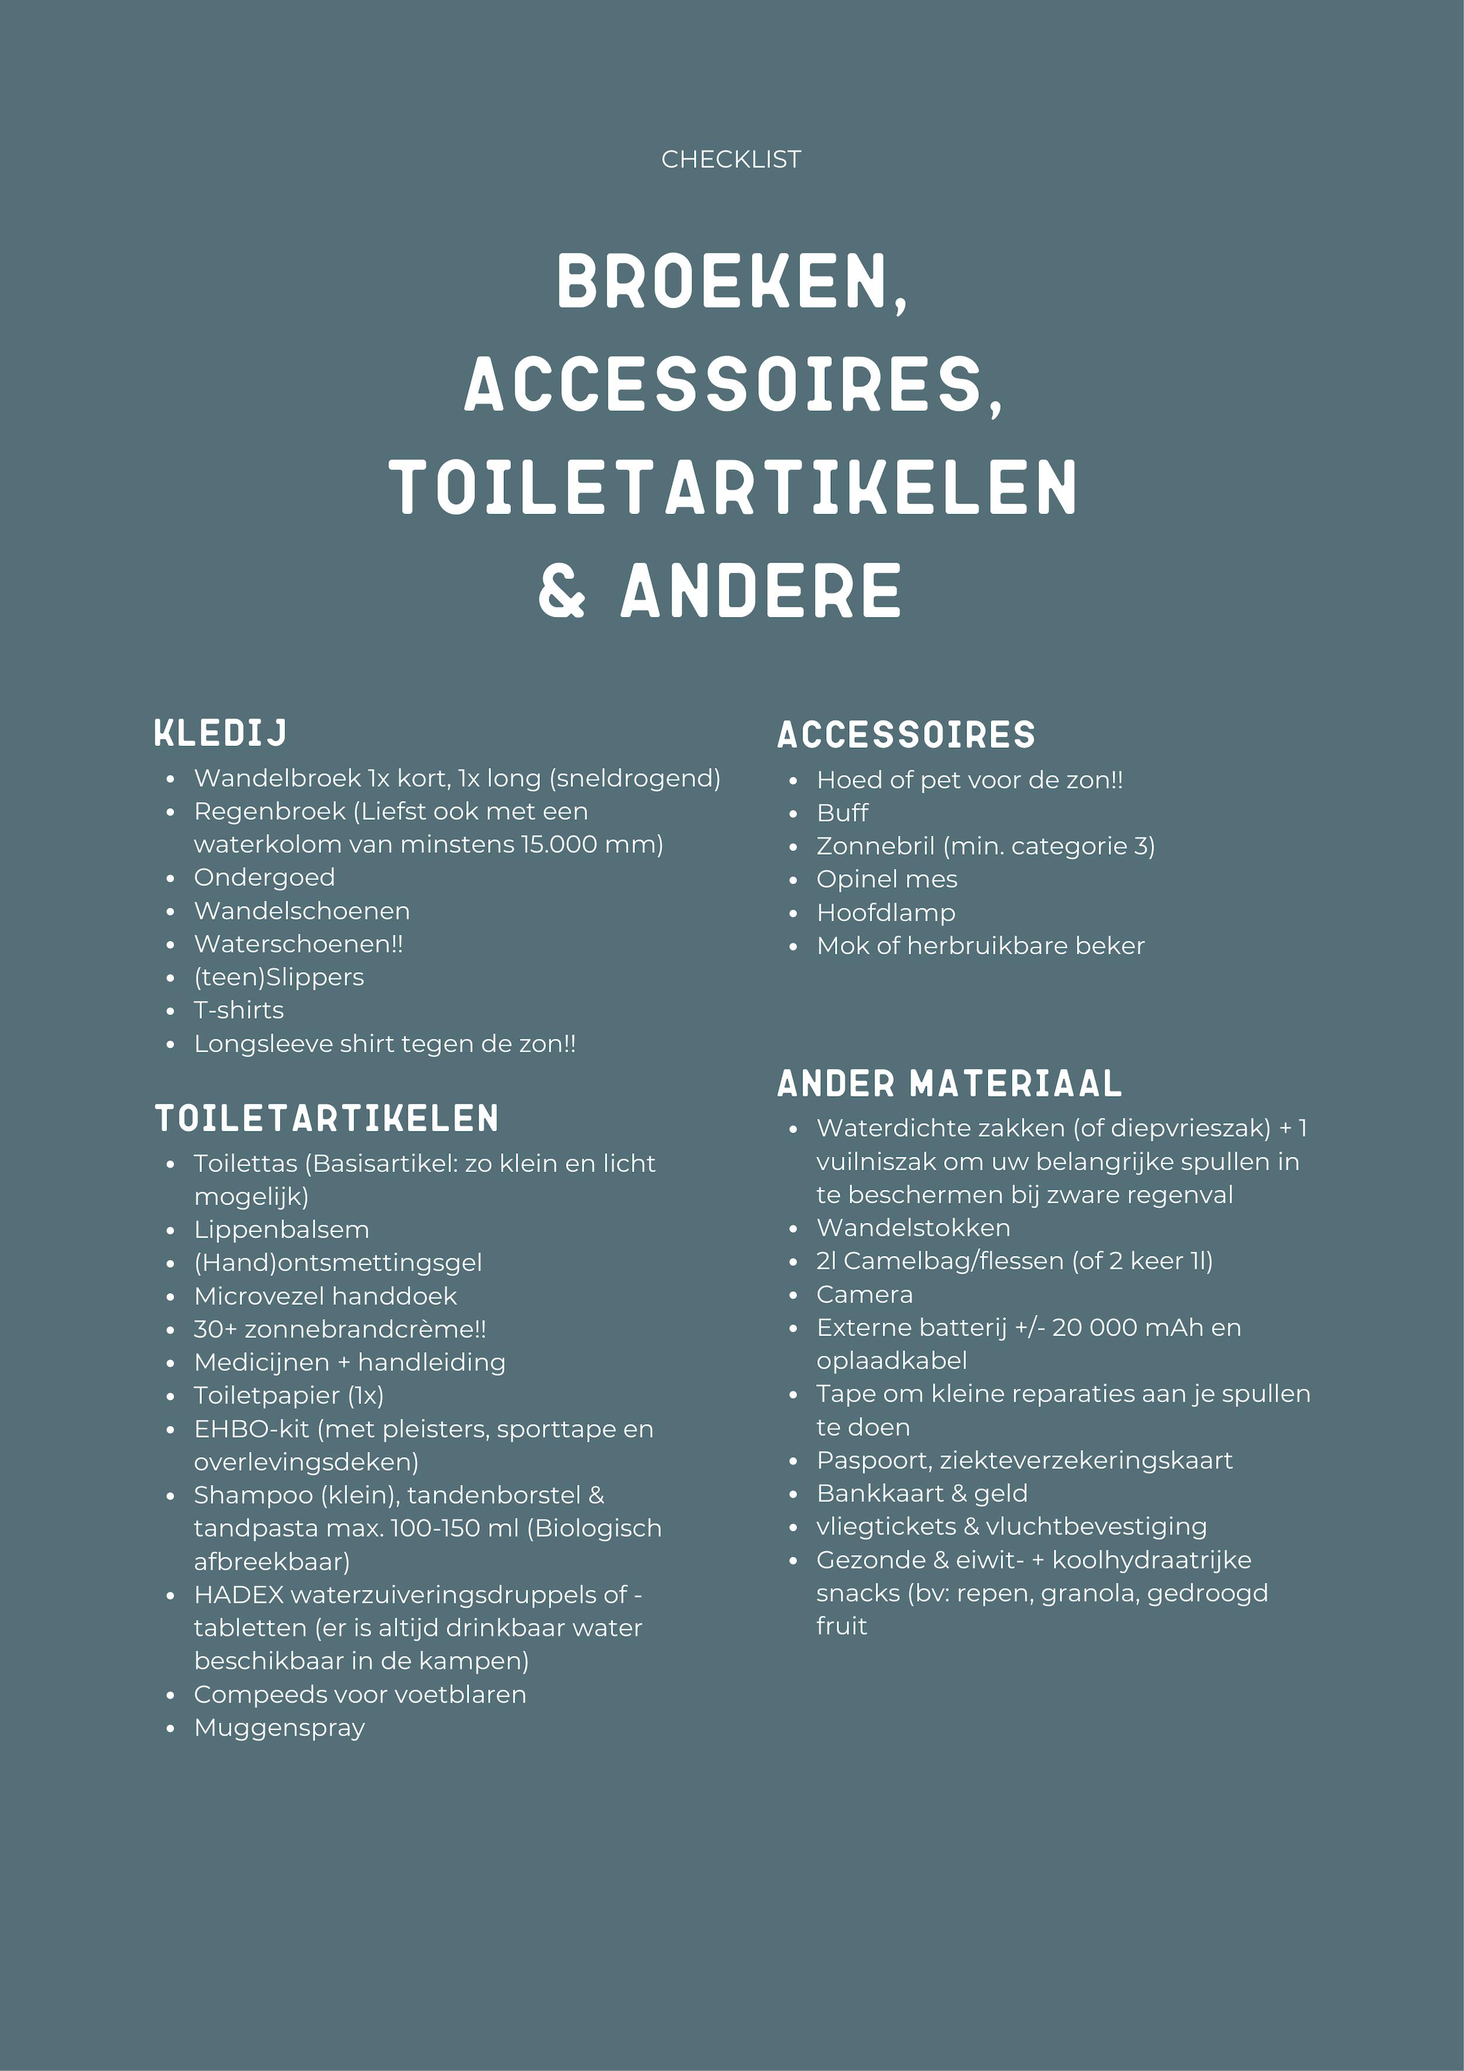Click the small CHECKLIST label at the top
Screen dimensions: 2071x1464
point(731,160)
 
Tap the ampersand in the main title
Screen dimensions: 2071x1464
point(562,592)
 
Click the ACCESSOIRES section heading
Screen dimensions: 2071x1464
point(906,735)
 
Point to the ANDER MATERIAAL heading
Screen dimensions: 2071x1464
point(949,1084)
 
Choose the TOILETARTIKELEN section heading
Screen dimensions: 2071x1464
point(326,1118)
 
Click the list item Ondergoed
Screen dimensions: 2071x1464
point(264,878)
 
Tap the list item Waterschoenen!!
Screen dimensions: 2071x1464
point(299,944)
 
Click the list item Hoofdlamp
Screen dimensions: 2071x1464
point(885,913)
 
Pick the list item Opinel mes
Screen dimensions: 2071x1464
point(887,879)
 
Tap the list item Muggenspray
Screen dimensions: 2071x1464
point(280,1728)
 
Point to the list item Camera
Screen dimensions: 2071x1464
point(864,1295)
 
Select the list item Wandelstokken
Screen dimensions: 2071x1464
point(913,1229)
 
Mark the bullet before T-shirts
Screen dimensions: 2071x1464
point(171,1011)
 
